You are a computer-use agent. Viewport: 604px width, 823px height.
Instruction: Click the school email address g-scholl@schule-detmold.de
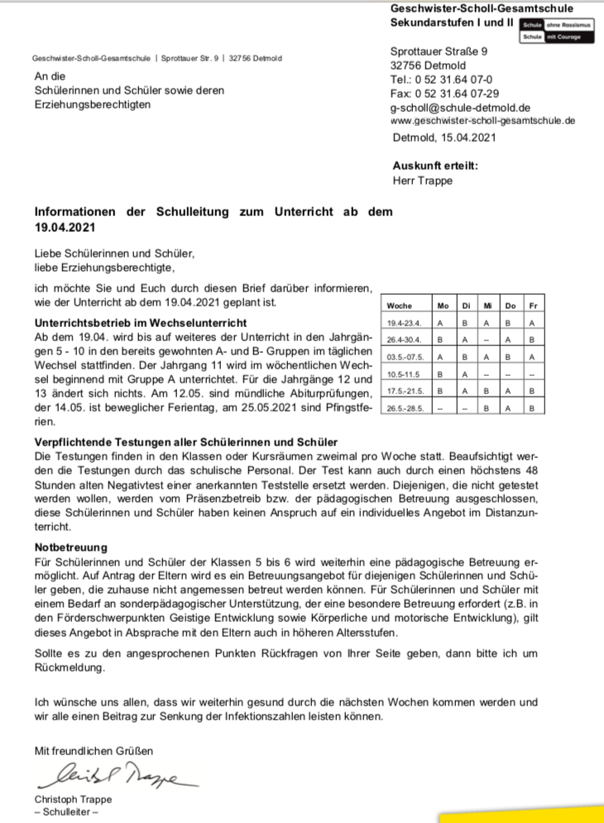coord(460,108)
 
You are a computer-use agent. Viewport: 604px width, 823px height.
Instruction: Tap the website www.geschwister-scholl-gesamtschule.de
coord(482,121)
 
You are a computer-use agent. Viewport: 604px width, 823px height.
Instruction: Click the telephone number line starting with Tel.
coord(442,79)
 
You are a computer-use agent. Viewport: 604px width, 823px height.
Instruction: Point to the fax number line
coord(444,94)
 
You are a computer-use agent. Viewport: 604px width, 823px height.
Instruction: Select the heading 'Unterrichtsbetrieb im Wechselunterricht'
coord(140,322)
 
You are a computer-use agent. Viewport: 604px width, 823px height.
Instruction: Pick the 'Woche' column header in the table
coord(399,306)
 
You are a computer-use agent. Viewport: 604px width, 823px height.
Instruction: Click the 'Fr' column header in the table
coord(532,306)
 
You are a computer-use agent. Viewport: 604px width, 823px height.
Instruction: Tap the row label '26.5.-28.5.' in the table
coord(405,408)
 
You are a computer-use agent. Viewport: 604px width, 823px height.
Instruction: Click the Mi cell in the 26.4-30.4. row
coord(487,340)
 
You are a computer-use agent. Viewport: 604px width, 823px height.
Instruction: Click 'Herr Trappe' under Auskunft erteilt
coord(422,180)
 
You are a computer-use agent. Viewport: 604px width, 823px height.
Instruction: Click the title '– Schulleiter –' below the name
coord(66,812)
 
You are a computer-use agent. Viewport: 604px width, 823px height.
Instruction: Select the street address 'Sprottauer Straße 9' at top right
coord(439,51)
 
